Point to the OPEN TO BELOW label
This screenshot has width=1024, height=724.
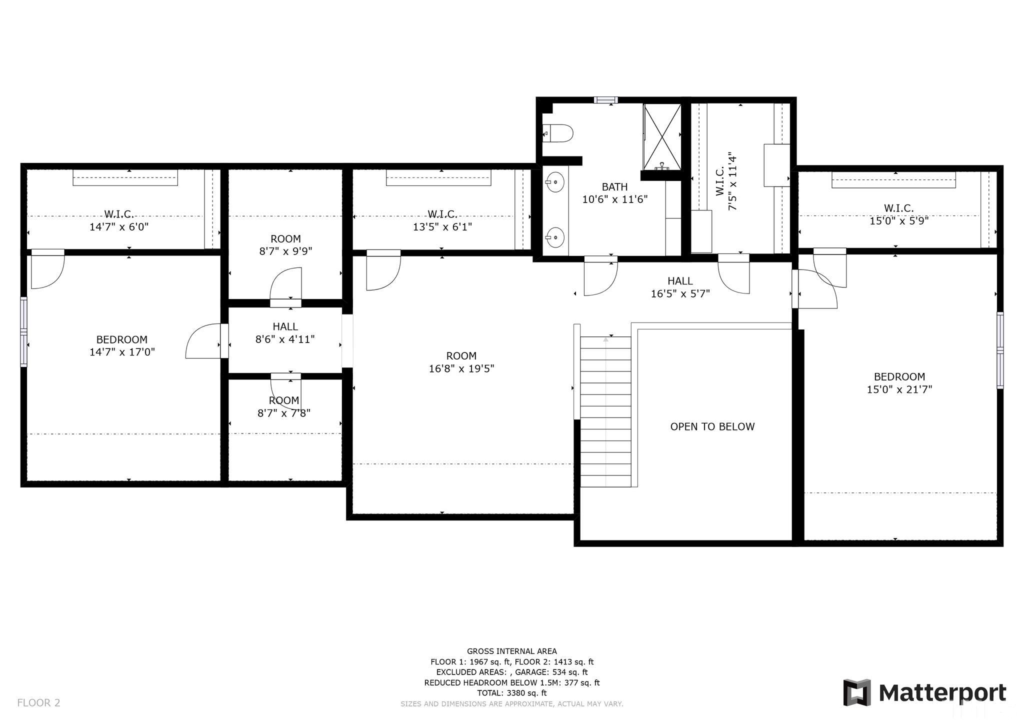pos(712,426)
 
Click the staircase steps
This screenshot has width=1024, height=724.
pos(605,411)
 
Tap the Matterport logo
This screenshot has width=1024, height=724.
pos(924,692)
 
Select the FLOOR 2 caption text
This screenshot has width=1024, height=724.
pos(38,702)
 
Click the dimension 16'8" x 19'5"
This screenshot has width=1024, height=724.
pos(461,369)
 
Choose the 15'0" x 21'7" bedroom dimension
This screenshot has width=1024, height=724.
pos(899,389)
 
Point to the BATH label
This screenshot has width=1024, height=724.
pos(614,187)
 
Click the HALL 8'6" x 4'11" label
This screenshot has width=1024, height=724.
pos(285,333)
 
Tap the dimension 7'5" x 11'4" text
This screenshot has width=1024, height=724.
pos(732,181)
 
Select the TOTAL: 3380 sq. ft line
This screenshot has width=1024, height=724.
pos(512,693)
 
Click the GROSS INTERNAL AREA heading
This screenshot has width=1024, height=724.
pos(512,651)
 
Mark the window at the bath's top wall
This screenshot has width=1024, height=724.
pos(605,100)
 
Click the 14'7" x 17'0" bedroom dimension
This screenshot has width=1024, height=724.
pos(122,352)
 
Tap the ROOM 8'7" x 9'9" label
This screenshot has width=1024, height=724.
pos(285,245)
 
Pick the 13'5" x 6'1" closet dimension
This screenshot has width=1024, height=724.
pos(442,227)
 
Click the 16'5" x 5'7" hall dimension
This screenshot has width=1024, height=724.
pos(680,294)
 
